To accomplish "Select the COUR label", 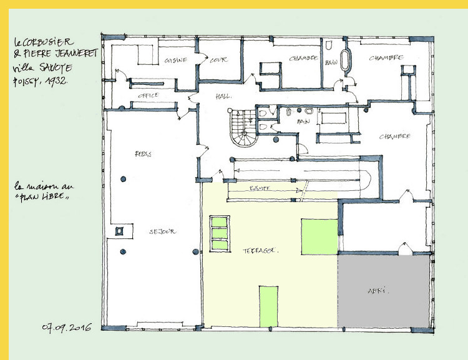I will coord(218,60).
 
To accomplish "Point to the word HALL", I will coord(223,97).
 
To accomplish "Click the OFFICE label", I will coord(147,95).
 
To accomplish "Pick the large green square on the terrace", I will coord(318,237).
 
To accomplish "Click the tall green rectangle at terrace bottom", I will coord(268,306).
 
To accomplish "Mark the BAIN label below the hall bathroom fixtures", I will coord(304,121).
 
